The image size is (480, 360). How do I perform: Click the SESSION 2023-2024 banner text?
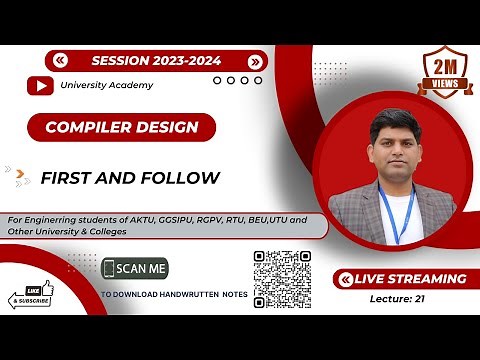point(158,60)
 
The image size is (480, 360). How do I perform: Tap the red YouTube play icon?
point(40,86)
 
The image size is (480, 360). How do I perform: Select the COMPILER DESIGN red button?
point(122,127)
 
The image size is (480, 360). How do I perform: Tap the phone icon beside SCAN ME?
point(109,269)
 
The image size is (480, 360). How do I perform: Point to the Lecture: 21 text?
point(398,298)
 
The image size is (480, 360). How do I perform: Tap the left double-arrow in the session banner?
point(62,60)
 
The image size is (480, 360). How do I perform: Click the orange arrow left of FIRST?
point(21,179)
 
